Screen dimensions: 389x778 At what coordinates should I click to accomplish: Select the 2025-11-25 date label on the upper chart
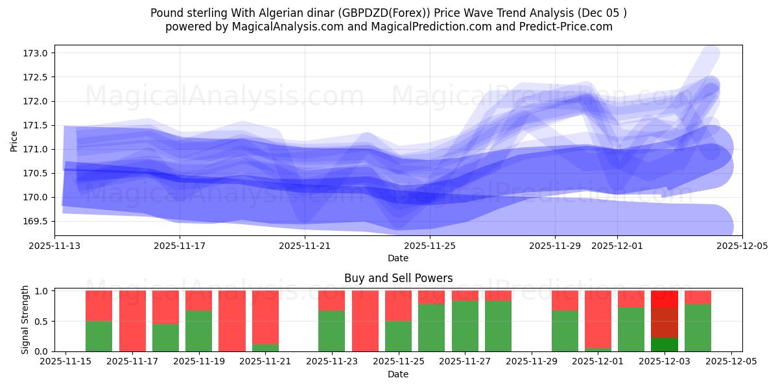(x=430, y=246)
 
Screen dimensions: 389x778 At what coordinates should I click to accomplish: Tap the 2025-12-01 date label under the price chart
(x=617, y=246)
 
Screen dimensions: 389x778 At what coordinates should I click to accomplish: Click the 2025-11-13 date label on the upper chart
(x=54, y=246)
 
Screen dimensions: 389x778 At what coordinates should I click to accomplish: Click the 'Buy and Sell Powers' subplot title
(x=398, y=278)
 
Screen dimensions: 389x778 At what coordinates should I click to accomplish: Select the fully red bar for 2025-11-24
(x=365, y=321)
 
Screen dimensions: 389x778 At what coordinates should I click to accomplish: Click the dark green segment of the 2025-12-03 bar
(x=665, y=344)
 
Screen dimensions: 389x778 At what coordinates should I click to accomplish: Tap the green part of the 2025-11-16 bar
(x=99, y=336)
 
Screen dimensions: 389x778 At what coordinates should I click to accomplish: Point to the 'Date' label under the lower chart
(x=398, y=375)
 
